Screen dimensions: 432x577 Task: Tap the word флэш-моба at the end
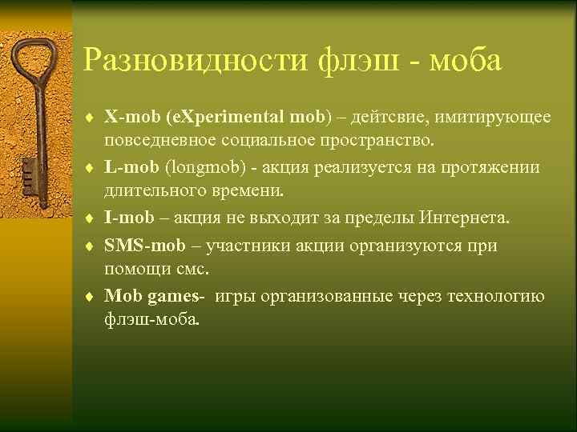152,320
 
